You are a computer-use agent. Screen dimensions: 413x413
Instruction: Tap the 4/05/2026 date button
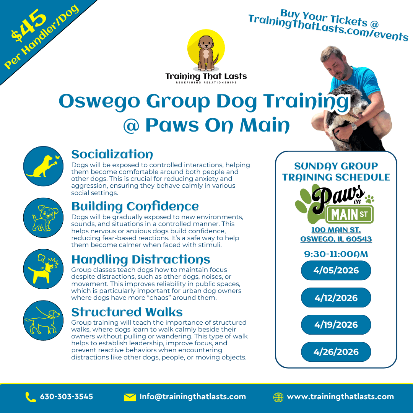pos(336,270)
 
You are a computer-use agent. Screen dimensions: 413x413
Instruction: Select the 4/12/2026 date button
pos(336,298)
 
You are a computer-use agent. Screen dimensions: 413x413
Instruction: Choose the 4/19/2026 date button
pos(336,325)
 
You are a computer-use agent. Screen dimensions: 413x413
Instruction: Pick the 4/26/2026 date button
pos(336,352)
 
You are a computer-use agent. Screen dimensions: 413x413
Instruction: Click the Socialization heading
pos(112,154)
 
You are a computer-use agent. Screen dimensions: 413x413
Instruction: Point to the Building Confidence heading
pos(135,206)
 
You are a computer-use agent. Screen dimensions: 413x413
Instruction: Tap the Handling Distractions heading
pos(141,259)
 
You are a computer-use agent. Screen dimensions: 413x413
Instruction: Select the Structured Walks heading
pos(127,312)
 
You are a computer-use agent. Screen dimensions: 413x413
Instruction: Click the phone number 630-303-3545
pos(67,397)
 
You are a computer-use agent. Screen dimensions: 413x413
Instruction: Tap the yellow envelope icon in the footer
pos(130,397)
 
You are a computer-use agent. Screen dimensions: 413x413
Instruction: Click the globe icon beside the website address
pos(278,397)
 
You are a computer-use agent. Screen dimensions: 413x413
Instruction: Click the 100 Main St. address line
pos(336,230)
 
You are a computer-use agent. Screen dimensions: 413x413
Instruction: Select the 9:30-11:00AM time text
pos(336,254)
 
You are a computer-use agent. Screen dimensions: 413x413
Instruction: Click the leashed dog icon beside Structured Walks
pos(43,320)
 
